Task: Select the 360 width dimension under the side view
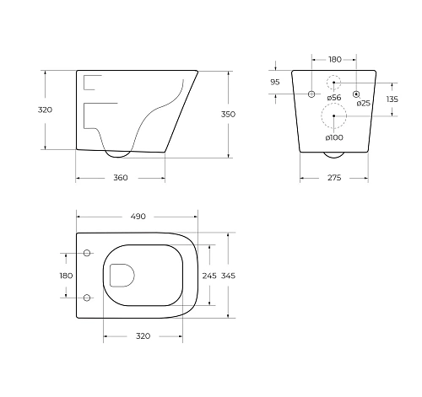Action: pos(120,178)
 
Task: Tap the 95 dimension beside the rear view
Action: pos(274,83)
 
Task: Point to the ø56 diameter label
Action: pos(334,99)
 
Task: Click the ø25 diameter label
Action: pos(363,103)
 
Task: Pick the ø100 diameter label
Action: pos(334,137)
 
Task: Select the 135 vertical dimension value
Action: pos(392,99)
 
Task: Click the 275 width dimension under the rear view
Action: pos(334,178)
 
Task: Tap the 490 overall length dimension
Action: pos(138,217)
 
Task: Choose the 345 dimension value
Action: pos(230,276)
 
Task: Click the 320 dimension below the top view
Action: pos(143,335)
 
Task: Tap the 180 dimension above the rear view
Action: pos(334,59)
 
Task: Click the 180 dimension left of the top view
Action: pos(66,275)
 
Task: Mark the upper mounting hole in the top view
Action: pos(88,253)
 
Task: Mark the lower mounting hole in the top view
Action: pos(88,297)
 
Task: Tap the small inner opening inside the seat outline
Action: pos(122,275)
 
